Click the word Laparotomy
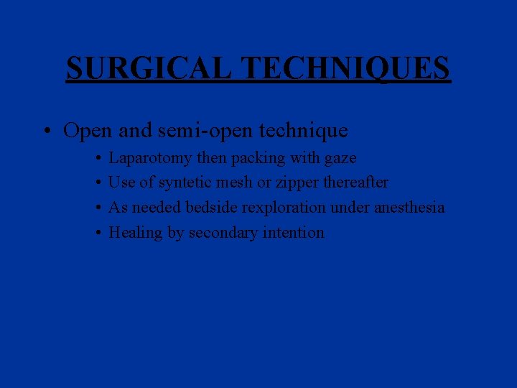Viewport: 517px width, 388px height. click(x=151, y=158)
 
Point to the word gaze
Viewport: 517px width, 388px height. click(x=341, y=158)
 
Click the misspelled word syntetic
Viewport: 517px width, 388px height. click(x=185, y=183)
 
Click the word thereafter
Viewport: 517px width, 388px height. click(x=355, y=183)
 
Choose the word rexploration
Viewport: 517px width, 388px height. click(x=281, y=208)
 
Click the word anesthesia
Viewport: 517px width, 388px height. click(x=409, y=208)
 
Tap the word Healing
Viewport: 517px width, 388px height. click(x=135, y=233)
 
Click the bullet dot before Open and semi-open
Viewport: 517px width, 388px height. click(x=46, y=131)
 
